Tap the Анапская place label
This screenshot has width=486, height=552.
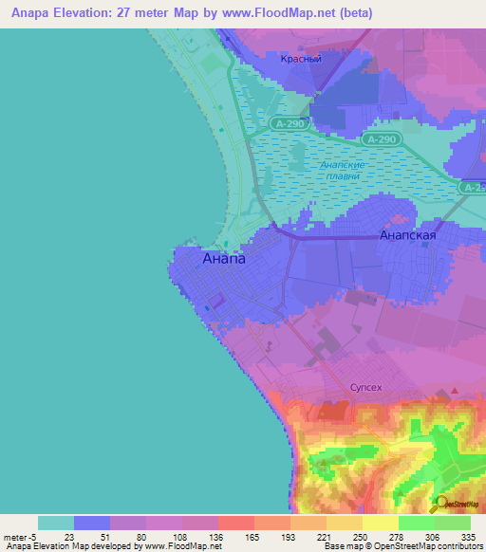tap(407, 235)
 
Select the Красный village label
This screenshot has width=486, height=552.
tap(301, 59)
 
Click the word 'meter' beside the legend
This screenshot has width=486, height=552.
tap(14, 536)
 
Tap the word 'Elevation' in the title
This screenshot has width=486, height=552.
tap(84, 13)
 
